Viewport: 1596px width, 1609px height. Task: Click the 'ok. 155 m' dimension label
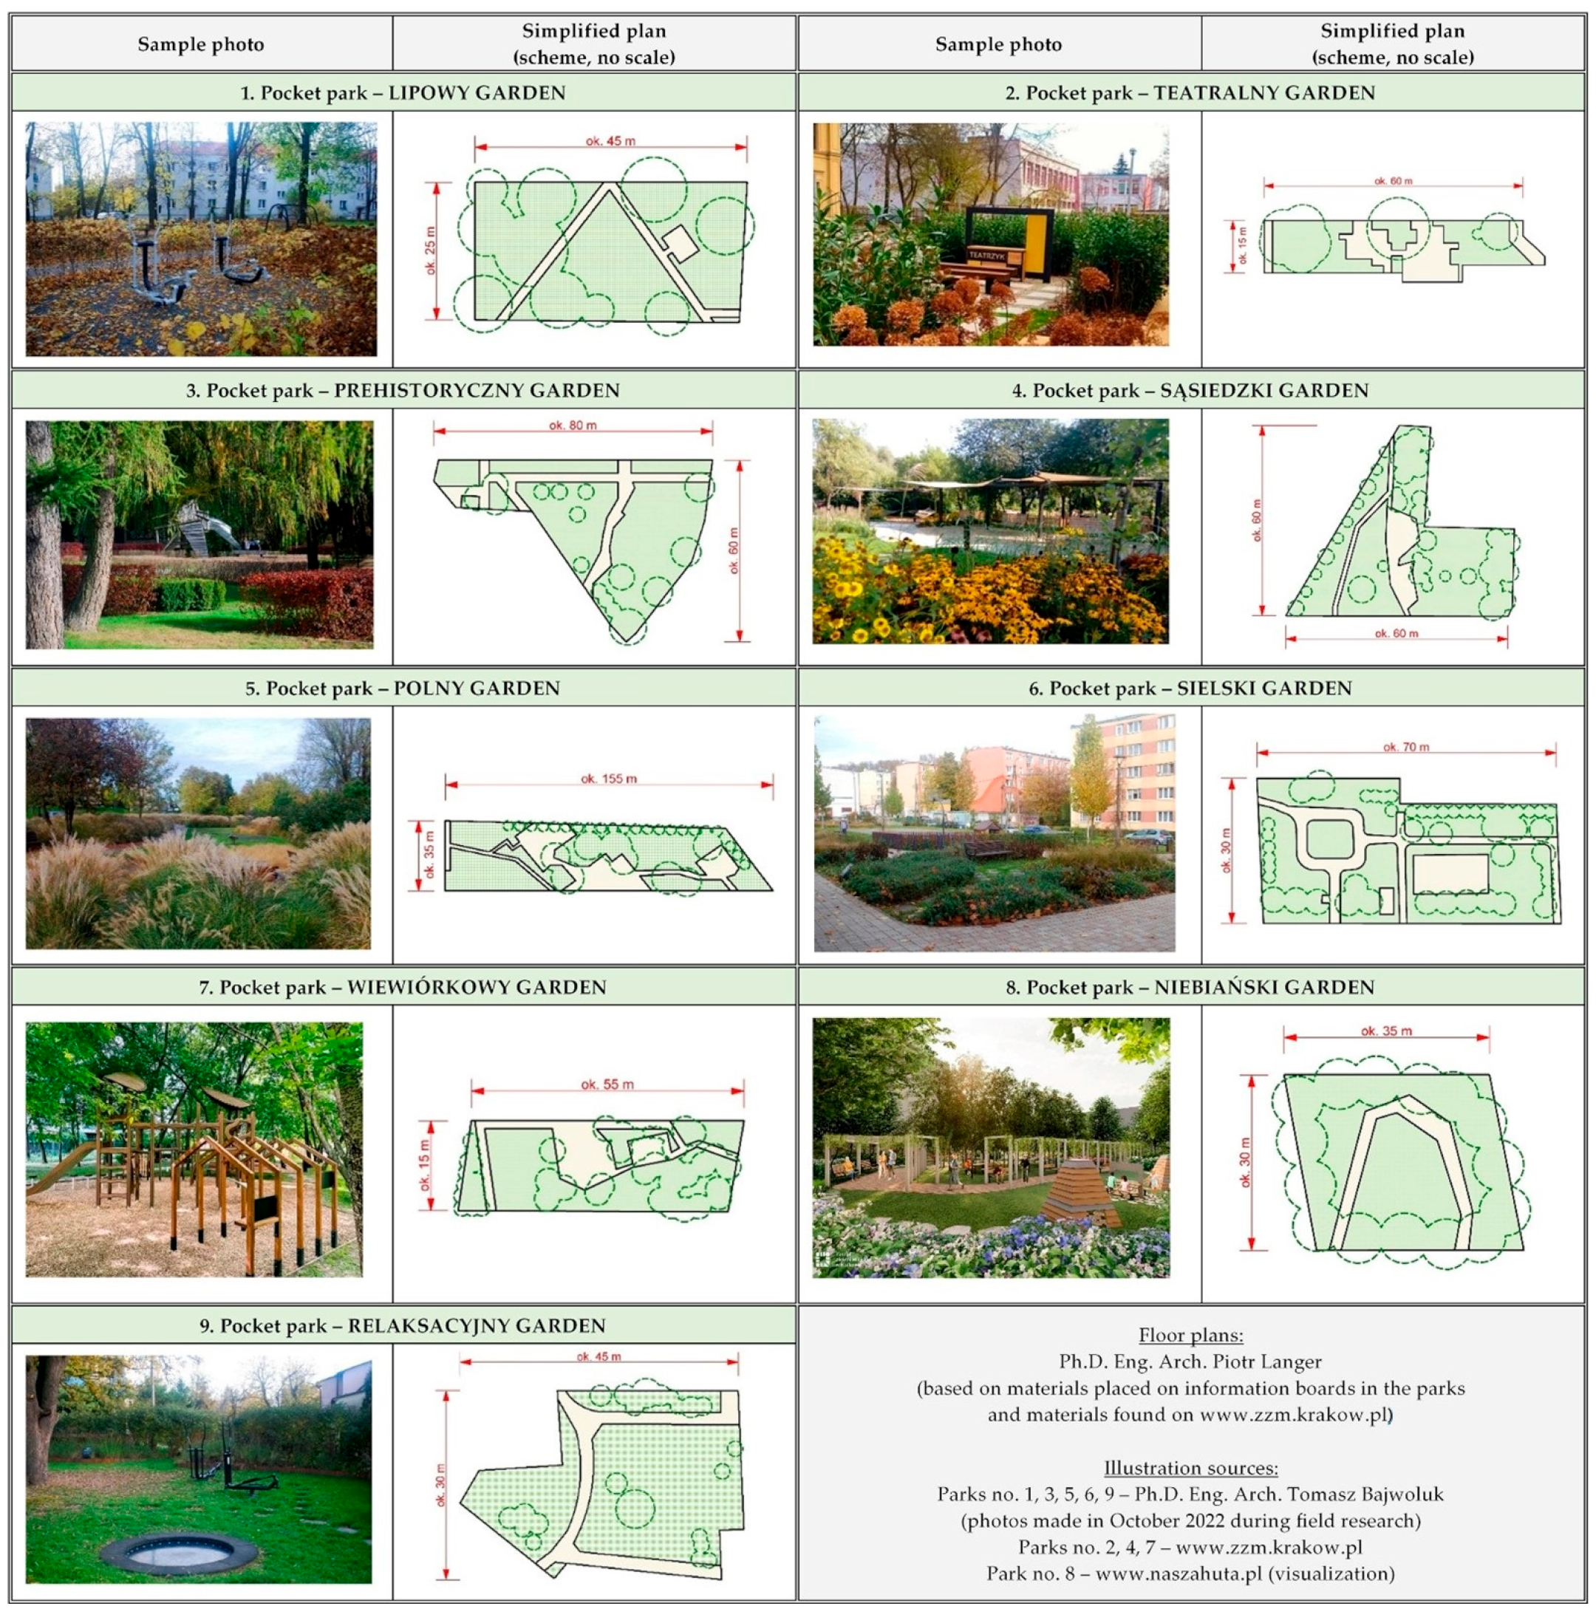tap(609, 779)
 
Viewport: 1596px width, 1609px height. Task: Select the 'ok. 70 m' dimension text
tap(1406, 747)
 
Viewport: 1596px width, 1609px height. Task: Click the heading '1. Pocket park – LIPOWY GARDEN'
tap(403, 92)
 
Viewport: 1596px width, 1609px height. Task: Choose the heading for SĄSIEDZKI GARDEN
tap(1190, 391)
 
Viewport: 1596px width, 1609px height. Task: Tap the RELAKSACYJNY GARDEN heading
tap(403, 1326)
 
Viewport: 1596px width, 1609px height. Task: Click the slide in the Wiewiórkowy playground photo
tap(61, 1165)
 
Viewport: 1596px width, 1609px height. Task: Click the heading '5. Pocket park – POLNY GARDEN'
tap(403, 689)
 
